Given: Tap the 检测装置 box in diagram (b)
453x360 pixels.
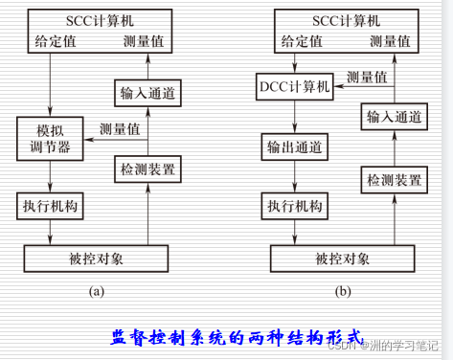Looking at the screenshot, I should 392,178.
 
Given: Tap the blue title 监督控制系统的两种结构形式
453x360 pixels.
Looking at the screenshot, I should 236,337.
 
